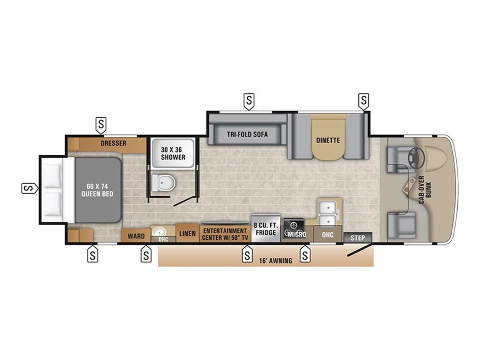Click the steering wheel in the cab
416,158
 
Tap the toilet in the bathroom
164,182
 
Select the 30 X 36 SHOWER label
173,154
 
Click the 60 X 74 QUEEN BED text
97,190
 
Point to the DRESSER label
114,143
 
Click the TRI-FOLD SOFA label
247,134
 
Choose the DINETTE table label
328,140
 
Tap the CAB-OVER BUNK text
425,190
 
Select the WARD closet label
136,236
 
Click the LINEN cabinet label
188,234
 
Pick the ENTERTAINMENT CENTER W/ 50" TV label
225,234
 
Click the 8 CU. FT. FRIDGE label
266,229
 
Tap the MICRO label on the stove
297,235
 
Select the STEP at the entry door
358,238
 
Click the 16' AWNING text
276,261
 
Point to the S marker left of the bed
30,188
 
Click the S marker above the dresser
101,125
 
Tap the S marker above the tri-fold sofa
249,102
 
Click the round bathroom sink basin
159,232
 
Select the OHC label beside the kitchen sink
328,235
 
